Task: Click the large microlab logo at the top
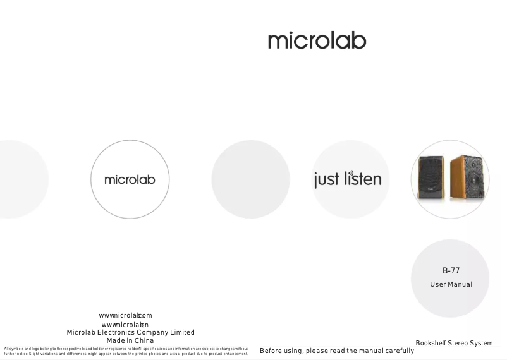tap(317, 42)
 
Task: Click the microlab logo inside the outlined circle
tap(130, 180)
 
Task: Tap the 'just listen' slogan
tap(348, 179)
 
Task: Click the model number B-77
tap(451, 271)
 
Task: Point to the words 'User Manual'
tap(451, 284)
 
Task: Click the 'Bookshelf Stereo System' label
tap(454, 343)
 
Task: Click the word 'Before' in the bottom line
tap(272, 351)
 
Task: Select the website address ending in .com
tap(125, 315)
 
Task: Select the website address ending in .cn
tap(125, 325)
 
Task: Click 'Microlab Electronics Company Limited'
tap(130, 332)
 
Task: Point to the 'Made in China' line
tap(130, 340)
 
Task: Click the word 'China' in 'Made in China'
tap(144, 340)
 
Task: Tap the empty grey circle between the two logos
tap(250, 179)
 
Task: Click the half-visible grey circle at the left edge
tap(22, 179)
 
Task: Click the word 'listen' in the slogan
tap(363, 179)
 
